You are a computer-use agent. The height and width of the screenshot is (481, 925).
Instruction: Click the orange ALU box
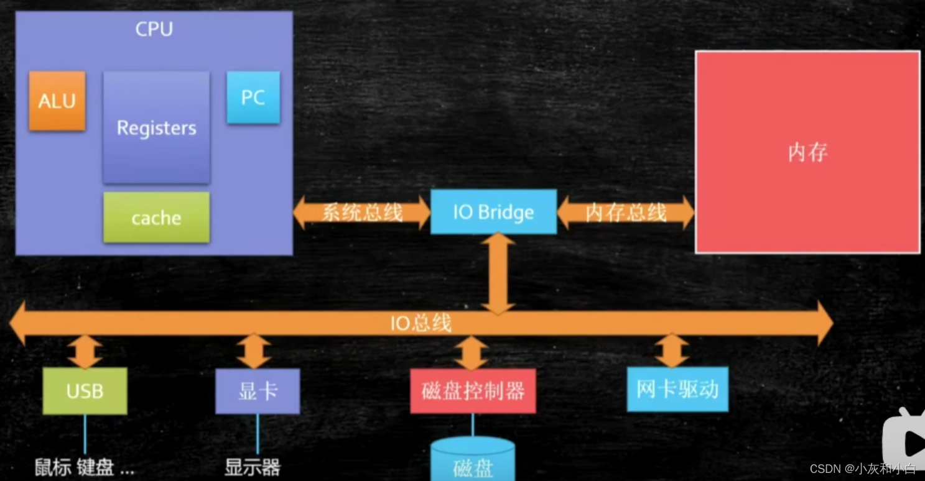[57, 101]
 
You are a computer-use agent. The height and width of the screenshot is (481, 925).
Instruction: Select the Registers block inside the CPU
[156, 127]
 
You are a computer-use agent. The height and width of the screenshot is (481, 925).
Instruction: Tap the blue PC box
[253, 97]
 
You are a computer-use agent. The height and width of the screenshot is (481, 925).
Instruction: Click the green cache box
[156, 218]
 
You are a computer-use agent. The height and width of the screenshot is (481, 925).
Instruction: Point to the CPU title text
[154, 29]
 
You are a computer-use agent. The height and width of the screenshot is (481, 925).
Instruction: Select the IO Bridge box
[493, 212]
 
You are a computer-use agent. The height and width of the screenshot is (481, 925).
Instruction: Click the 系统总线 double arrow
[361, 213]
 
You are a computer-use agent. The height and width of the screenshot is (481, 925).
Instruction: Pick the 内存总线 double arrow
[625, 213]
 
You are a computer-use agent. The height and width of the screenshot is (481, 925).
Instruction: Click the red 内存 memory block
[807, 152]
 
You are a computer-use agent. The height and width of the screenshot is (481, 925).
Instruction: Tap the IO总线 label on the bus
[421, 323]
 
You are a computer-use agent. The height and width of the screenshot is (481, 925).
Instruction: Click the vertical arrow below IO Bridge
[498, 273]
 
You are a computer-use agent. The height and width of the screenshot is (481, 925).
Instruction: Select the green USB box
[85, 391]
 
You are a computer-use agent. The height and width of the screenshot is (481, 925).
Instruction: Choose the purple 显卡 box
[257, 391]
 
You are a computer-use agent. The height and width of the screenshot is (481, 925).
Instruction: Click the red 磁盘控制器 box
[473, 391]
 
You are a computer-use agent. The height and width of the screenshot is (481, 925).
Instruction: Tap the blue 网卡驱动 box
[677, 389]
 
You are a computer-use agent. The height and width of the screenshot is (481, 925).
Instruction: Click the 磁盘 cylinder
[473, 460]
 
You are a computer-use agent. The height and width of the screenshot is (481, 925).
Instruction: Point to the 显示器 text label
[253, 467]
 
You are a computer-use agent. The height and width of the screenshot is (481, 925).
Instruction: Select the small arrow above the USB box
[85, 352]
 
